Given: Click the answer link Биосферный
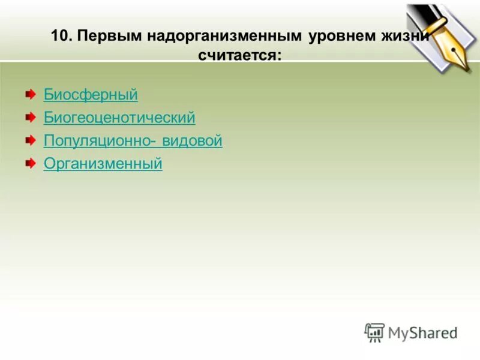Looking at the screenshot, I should click(91, 95).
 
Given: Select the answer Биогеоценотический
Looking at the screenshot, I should click(119, 118).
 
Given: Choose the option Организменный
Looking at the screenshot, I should click(103, 164).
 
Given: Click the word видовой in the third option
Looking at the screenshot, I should click(192, 141).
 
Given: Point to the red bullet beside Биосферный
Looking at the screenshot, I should click(30, 94).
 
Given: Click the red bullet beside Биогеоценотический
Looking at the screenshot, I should click(30, 117).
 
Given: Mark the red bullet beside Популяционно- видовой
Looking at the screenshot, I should click(30, 140).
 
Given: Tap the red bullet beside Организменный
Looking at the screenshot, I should click(30, 163).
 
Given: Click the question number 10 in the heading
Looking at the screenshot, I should click(60, 36).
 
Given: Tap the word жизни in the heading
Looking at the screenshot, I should click(410, 36).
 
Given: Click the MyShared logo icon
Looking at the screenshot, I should click(374, 332).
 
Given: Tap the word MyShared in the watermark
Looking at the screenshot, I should click(422, 332).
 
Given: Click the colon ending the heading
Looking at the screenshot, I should click(278, 56).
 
